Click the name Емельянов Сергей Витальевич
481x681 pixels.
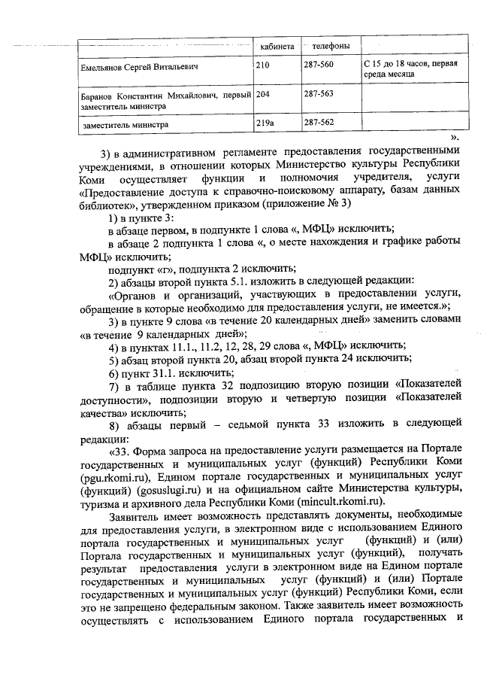139,67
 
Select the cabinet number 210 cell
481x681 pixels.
263,66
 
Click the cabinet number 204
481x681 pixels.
264,94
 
